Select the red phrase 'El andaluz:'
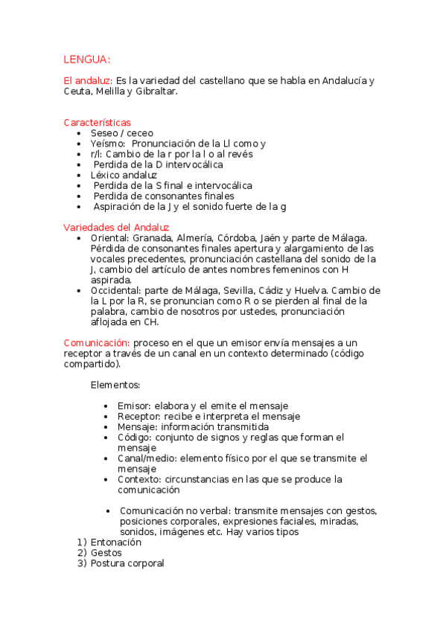pos(88,80)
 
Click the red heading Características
pos(98,122)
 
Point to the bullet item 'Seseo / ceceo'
pos(121,133)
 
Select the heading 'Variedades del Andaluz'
pos(116,227)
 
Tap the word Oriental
pos(108,237)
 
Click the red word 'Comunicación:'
pos(97,342)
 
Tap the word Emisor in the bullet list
pos(133,406)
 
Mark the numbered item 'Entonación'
pos(116,543)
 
